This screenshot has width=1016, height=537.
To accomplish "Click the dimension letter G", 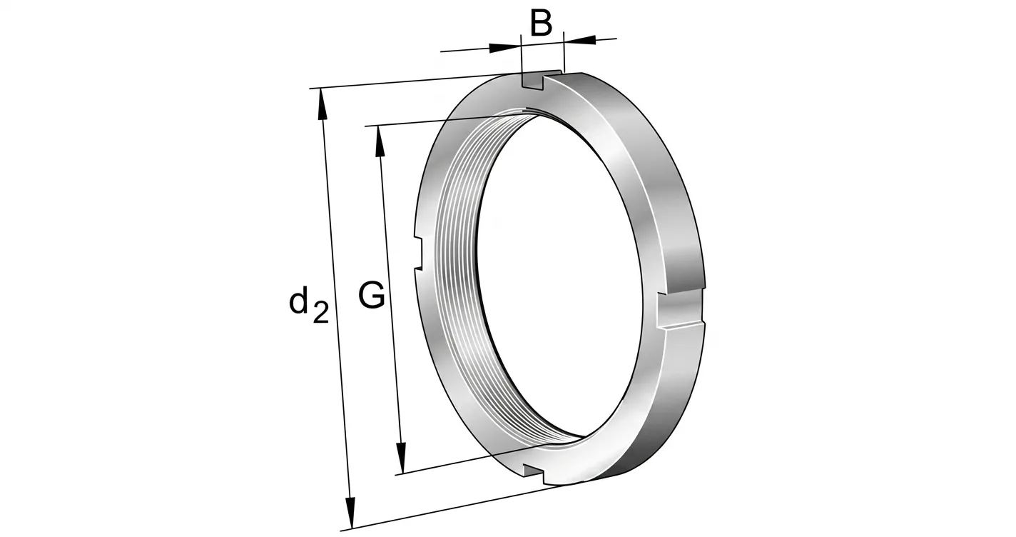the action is [x=372, y=296].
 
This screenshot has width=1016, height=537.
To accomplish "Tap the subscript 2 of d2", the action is [x=321, y=313].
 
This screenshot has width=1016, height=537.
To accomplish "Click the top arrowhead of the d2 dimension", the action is [x=322, y=104].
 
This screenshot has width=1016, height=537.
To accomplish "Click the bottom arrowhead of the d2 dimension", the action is [x=350, y=513].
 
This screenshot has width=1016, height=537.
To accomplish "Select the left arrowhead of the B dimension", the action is [x=505, y=47].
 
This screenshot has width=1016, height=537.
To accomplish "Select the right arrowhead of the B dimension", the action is [x=579, y=40].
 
